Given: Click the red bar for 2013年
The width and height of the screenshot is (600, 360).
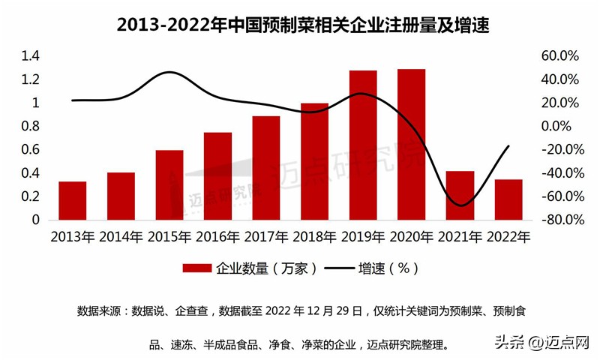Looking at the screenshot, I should [72, 201].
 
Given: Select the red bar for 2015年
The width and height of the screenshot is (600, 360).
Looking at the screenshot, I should [169, 185].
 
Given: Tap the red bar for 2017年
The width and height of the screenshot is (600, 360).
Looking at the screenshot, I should [266, 168].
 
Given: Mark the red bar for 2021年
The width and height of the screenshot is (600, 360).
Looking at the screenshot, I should [460, 196].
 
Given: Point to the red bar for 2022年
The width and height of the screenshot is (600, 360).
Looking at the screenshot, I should [508, 199].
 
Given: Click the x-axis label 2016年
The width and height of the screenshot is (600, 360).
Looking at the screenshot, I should [217, 238].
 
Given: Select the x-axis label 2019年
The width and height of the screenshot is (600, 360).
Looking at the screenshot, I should [363, 238].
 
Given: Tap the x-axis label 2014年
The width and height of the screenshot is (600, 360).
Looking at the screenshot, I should [121, 238].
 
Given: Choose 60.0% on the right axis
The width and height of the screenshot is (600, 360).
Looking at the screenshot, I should [559, 56].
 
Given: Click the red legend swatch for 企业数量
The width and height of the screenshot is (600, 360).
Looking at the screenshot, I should [196, 268].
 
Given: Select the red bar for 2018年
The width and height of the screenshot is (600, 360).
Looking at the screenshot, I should [315, 161].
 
